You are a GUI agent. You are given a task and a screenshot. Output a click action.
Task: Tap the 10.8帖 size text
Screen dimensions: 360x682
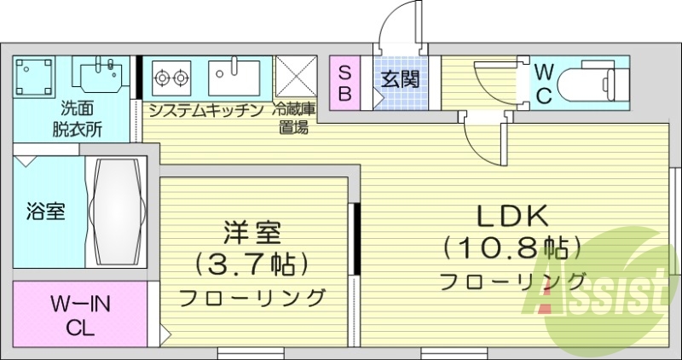511,248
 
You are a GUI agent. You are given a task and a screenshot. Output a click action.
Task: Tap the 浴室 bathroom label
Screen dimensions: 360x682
45,211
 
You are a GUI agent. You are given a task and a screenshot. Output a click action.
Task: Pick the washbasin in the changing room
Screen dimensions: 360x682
101,76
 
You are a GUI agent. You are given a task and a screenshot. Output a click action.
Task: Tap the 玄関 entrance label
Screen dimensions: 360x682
400,80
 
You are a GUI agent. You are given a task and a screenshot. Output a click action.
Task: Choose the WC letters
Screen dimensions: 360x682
545,83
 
